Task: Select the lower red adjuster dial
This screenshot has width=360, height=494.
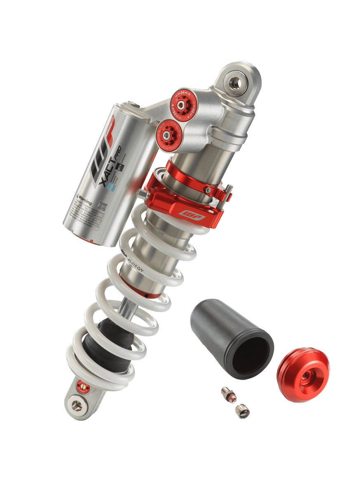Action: (167, 133)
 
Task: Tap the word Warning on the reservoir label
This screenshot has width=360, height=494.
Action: (85, 201)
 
